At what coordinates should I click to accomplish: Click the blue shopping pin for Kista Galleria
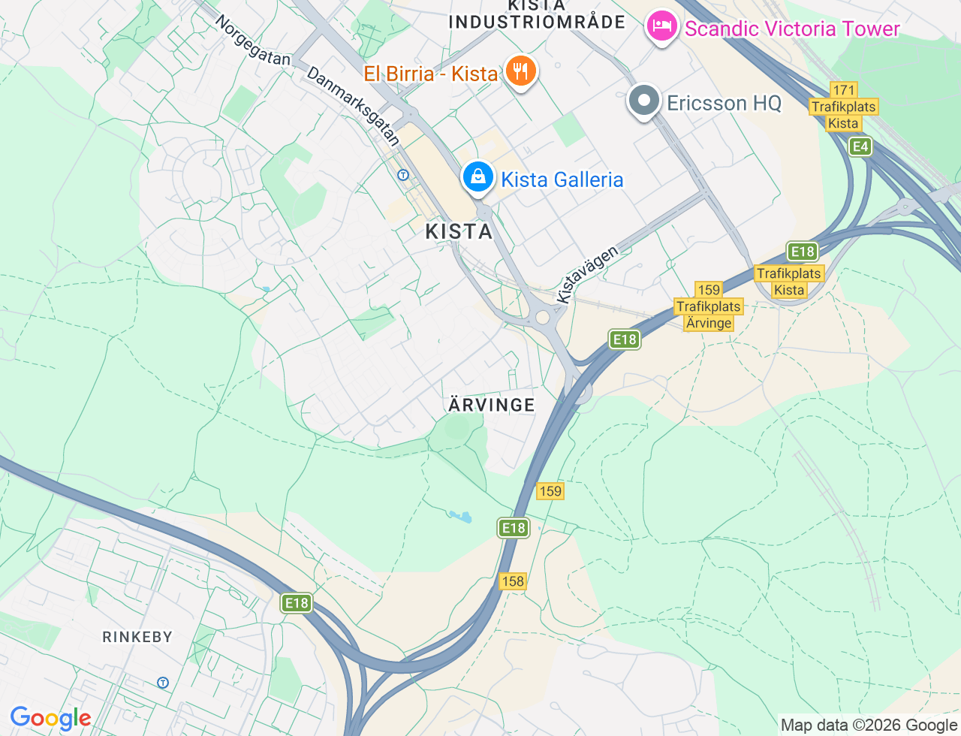click(x=477, y=177)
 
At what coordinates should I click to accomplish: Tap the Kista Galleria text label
click(x=562, y=180)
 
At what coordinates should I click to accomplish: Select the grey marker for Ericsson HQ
click(x=643, y=101)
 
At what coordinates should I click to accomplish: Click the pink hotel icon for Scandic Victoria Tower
click(x=661, y=27)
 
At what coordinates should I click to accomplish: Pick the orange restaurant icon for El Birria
click(x=520, y=72)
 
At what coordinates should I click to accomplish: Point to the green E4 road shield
click(x=860, y=146)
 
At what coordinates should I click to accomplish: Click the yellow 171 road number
click(x=844, y=90)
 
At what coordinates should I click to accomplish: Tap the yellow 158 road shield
click(x=512, y=581)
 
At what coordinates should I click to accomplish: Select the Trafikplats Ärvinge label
click(x=708, y=315)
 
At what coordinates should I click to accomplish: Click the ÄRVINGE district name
click(x=492, y=405)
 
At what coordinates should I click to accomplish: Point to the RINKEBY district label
click(x=137, y=637)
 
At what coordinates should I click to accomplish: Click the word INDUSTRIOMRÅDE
click(x=537, y=22)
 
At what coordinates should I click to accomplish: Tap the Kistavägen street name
click(x=587, y=274)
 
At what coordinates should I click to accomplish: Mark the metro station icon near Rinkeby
click(x=163, y=683)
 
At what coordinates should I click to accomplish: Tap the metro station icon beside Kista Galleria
click(x=403, y=175)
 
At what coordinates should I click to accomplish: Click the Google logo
click(x=50, y=719)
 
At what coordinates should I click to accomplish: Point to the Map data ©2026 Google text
click(x=869, y=725)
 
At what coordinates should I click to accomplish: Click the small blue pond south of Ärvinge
click(x=460, y=517)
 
